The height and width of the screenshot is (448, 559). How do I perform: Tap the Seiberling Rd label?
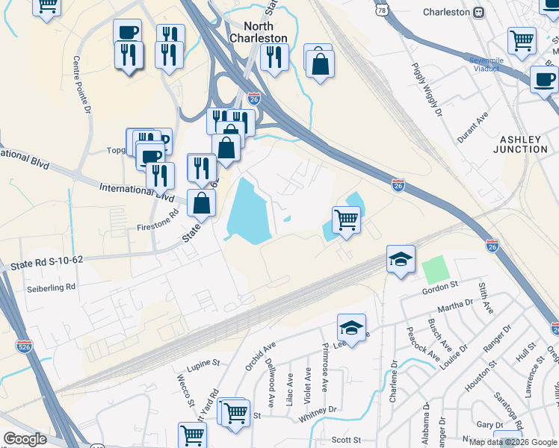coord(52,287)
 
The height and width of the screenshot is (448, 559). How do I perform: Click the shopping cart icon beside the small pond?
coord(346,220)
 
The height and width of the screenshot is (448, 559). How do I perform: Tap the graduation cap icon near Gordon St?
coord(401,259)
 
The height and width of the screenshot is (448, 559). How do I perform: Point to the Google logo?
coord(25,439)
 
